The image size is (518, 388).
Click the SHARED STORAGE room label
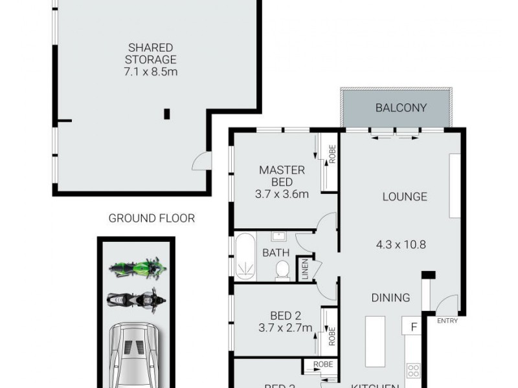coord(150,54)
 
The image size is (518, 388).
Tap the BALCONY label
coord(401,107)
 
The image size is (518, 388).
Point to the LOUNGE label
coord(404,197)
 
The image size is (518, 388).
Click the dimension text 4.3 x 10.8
coord(401,244)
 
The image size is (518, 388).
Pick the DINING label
coord(390,298)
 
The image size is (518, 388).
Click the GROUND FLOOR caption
coord(152,218)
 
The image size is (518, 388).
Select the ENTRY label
coord(447,321)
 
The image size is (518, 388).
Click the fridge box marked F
coord(412,327)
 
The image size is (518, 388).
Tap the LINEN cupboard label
coord(303,269)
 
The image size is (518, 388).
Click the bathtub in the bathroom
coord(245,257)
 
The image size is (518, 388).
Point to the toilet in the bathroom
coord(282,270)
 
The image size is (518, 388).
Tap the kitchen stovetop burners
coord(412,371)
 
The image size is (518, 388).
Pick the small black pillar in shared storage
coord(166,114)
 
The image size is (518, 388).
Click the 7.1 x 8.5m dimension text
coord(150,71)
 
